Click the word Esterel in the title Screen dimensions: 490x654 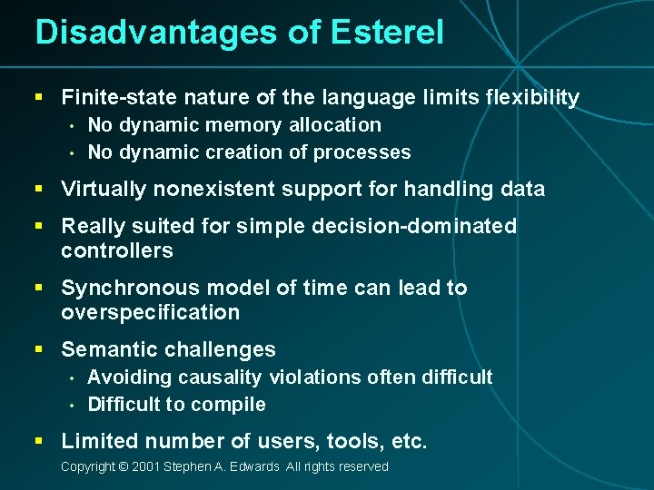click(389, 33)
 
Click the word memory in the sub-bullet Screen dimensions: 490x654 click(244, 125)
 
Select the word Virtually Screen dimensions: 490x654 click(103, 189)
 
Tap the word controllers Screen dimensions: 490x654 click(116, 250)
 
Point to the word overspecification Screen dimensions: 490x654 click(150, 313)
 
